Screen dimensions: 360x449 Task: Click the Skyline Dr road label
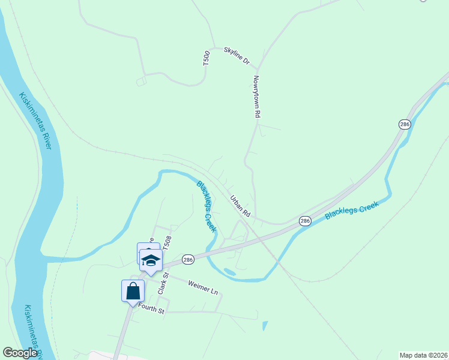(x=237, y=55)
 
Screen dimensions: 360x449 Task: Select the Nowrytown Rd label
(x=256, y=97)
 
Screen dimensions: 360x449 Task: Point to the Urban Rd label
(x=240, y=206)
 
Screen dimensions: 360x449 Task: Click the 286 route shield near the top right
(x=403, y=124)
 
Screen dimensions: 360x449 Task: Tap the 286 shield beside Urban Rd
(x=305, y=221)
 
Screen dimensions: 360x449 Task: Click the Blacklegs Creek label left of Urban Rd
(x=206, y=206)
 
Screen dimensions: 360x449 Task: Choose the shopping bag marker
(x=133, y=291)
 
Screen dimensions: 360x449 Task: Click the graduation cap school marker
(x=151, y=260)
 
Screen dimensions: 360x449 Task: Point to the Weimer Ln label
(x=202, y=287)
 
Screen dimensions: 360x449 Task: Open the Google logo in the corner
(x=20, y=353)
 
